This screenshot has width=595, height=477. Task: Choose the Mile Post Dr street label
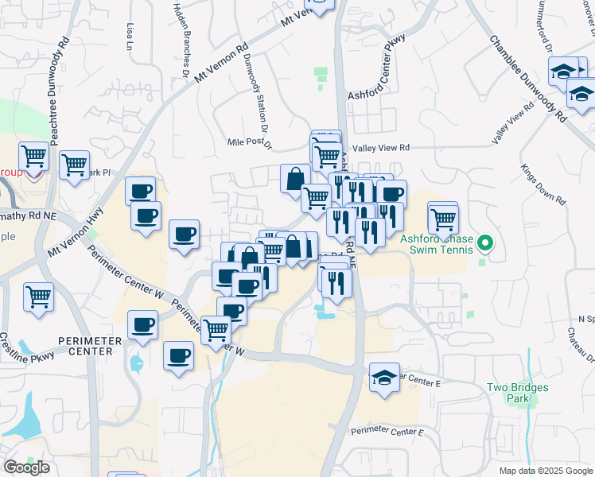(x=250, y=143)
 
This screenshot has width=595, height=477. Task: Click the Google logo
(x=26, y=467)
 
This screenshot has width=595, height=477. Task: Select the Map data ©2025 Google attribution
(x=545, y=471)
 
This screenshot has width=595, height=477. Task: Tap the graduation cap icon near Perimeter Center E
(x=384, y=377)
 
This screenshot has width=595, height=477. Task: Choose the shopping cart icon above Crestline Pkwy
(x=38, y=297)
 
